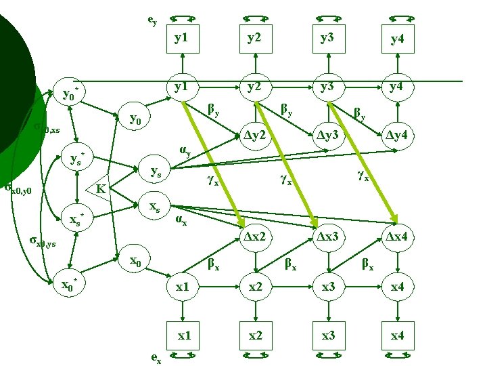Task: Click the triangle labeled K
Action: [x=100, y=187]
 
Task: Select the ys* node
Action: [x=77, y=159]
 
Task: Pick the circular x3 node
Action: [x=327, y=287]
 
